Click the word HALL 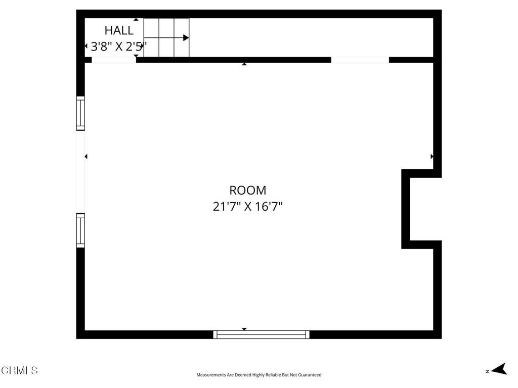119,30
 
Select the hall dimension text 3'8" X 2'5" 118,47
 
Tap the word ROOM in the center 248,190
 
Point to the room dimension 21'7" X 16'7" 248,207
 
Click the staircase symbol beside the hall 166,38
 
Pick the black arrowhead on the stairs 186,38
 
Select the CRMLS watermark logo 19,371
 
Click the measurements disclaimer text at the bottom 259,375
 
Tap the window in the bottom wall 261,334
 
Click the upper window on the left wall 80,113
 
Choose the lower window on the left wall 80,230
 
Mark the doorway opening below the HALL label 114,60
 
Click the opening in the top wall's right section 360,60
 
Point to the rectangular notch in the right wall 421,209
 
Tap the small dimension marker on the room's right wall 431,157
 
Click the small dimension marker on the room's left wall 86,157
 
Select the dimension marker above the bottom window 244,329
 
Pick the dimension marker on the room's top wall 244,64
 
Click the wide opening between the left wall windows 80,172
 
